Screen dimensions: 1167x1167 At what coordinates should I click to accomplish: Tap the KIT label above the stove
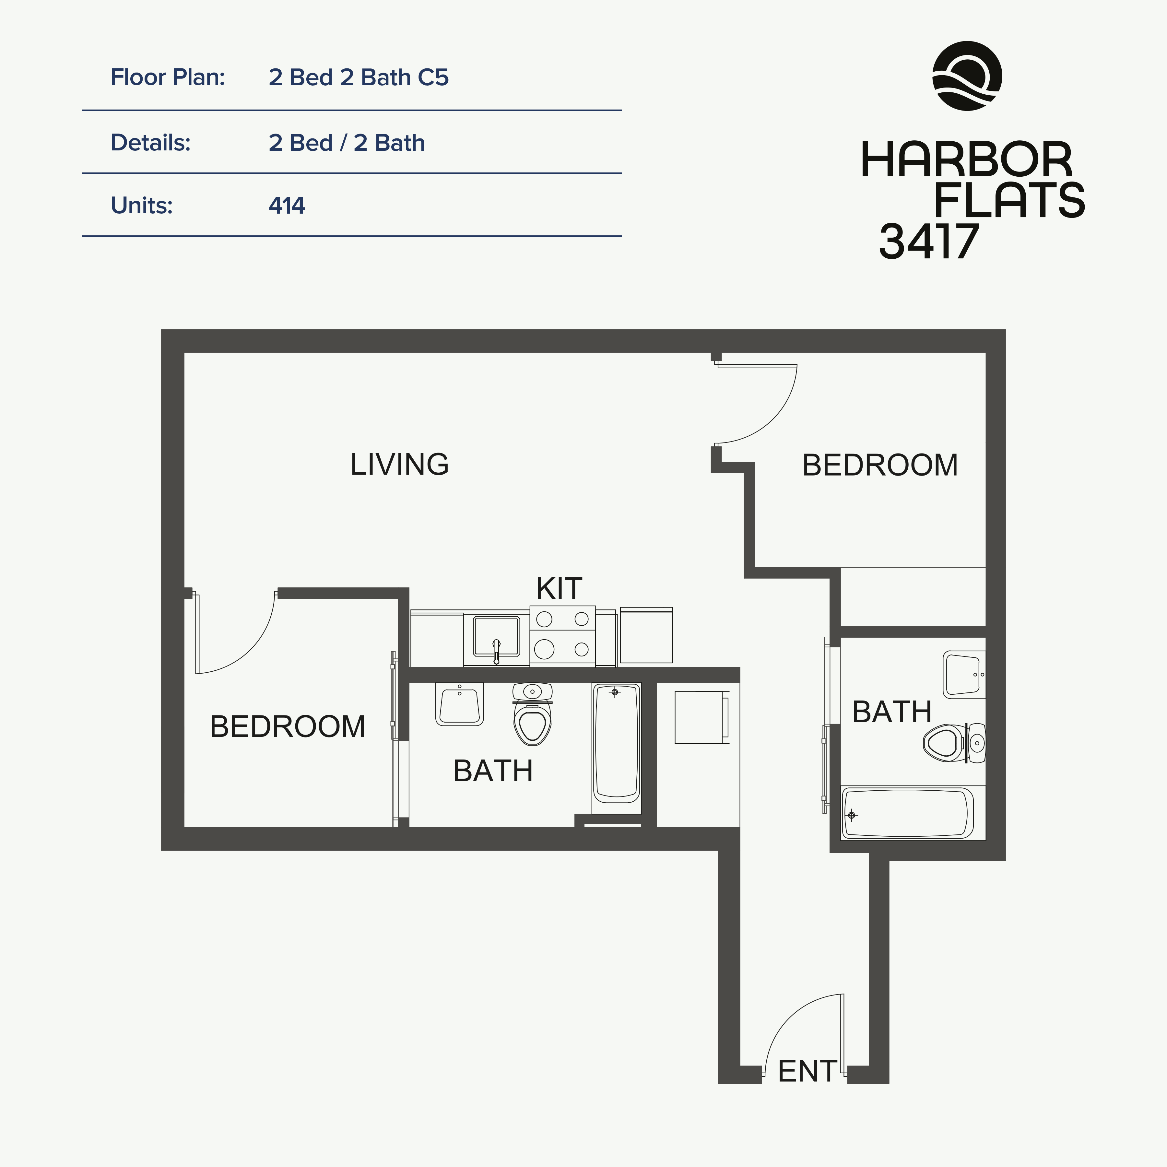pyautogui.click(x=559, y=589)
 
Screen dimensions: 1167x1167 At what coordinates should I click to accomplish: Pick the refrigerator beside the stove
pyautogui.click(x=646, y=635)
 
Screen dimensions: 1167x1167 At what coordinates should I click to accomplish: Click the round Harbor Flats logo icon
pyautogui.click(x=967, y=76)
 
